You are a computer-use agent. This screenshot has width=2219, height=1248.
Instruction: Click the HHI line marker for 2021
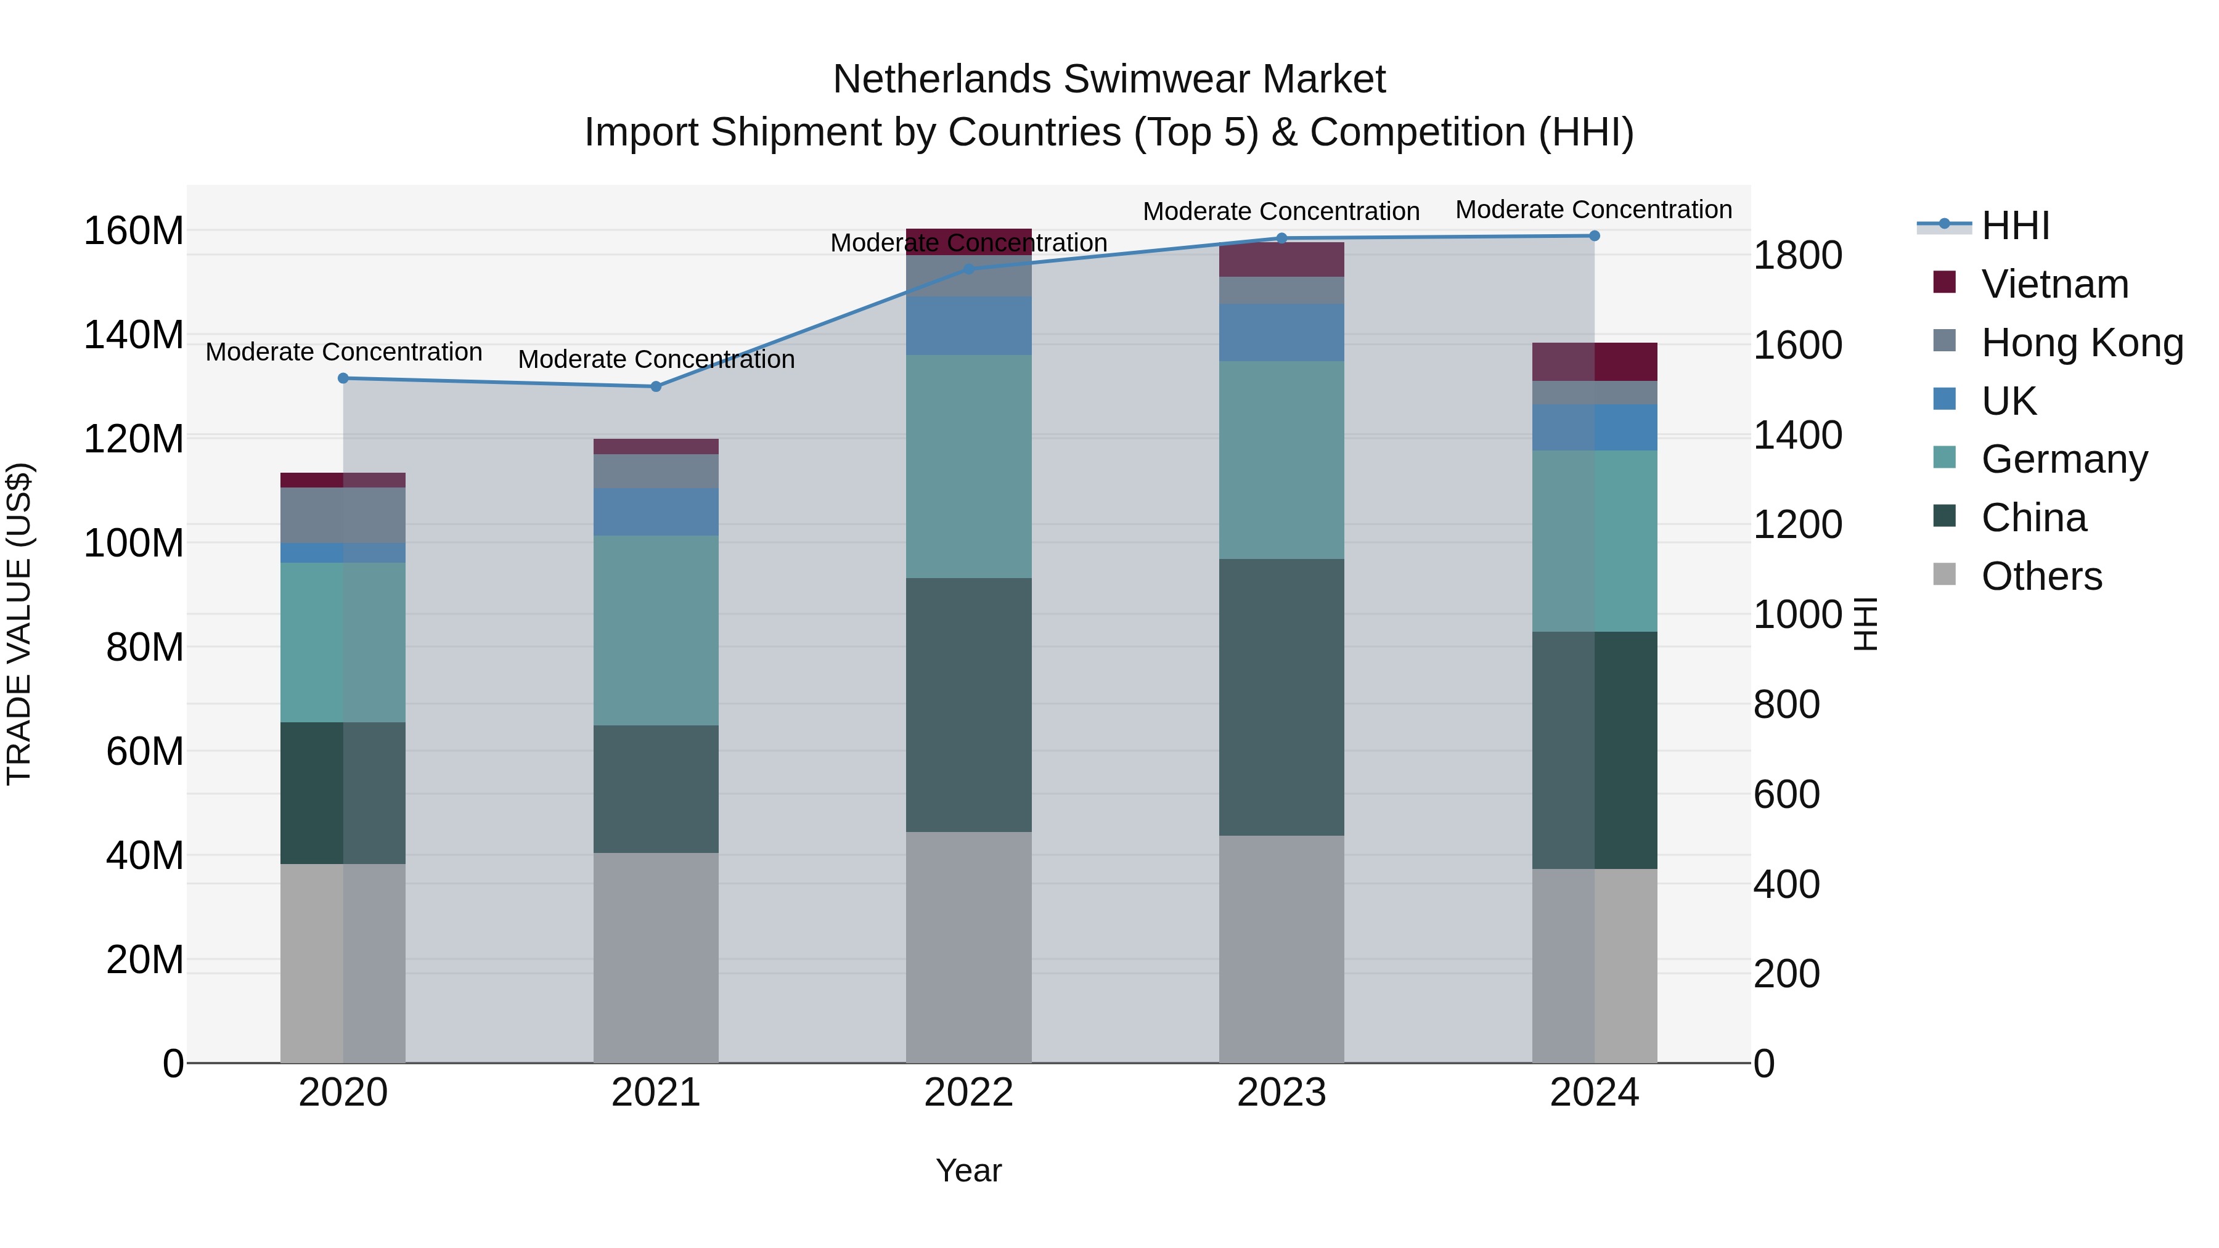(656, 386)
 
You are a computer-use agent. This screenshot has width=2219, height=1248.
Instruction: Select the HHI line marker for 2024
(1595, 236)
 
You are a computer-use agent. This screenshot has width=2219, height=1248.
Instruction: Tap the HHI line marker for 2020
(343, 378)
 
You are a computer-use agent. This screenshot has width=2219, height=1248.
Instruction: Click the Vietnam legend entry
(2054, 284)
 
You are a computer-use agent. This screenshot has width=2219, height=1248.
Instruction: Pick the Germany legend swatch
(1944, 457)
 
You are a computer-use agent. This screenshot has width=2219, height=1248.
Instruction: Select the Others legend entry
(2041, 576)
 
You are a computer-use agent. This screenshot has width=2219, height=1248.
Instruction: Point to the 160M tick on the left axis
(134, 231)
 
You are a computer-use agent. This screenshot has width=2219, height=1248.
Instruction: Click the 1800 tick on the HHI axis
(1798, 256)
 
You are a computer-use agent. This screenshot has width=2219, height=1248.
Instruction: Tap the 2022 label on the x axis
(968, 1093)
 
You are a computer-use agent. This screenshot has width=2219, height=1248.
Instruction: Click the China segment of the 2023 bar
(1281, 697)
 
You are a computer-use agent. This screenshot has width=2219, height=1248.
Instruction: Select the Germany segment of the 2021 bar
(656, 630)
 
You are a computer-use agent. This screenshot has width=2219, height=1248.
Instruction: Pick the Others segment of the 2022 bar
(968, 947)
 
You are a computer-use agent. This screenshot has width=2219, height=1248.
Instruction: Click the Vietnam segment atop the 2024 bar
(1595, 362)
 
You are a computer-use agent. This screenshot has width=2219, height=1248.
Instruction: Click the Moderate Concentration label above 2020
(343, 353)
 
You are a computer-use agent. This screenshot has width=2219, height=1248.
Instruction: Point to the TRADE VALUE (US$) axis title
(19, 624)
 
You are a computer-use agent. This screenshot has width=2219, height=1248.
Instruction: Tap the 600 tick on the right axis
(1786, 794)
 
